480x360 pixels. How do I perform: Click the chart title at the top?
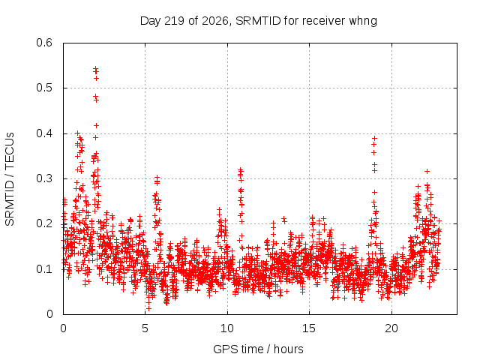258,21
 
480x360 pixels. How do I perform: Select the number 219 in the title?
175,21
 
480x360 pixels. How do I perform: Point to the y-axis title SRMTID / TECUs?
10,179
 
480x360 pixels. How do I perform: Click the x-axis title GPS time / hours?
258,349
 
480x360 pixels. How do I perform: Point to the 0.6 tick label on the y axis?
44,43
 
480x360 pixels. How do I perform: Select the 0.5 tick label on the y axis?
44,88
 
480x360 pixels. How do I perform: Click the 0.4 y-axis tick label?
44,133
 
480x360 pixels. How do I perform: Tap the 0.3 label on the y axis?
44,178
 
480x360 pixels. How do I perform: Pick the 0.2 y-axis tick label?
44,223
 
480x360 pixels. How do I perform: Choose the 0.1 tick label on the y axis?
44,269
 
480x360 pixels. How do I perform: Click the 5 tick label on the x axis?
145,328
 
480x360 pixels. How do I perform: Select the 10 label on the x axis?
227,328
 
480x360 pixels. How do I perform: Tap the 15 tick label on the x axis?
309,328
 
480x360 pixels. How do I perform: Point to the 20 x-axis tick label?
391,328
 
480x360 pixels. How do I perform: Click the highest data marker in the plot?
95,68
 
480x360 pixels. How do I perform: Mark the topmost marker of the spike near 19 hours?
374,138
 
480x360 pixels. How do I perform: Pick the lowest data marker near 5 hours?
148,308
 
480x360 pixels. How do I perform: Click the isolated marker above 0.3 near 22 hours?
427,172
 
